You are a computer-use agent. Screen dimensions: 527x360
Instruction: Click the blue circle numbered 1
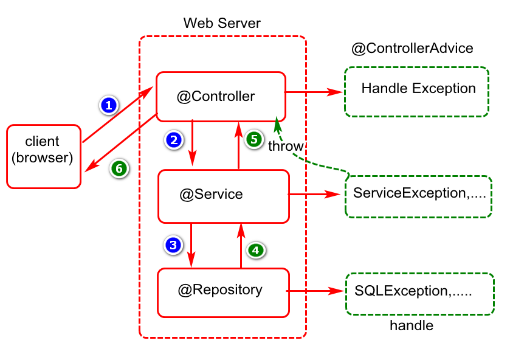(109, 105)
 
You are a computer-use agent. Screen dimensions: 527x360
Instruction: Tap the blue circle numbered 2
(174, 140)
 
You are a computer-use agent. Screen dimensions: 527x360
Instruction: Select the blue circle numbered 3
(173, 245)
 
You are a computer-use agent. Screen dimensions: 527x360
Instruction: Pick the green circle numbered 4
(256, 250)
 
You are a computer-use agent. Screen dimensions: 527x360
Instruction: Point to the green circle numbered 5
(254, 139)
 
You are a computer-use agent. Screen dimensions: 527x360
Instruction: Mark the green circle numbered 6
(119, 168)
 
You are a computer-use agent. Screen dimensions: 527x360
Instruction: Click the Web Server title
(222, 23)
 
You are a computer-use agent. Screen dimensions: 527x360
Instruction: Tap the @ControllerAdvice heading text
(412, 49)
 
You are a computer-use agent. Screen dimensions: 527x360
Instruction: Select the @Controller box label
(216, 97)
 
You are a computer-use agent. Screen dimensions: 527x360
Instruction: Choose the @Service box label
(211, 194)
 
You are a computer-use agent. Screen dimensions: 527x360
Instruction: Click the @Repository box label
(220, 289)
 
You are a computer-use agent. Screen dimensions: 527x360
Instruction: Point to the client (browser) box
(44, 157)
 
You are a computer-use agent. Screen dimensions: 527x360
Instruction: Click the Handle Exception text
(418, 88)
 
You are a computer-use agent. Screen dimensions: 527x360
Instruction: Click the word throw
(286, 146)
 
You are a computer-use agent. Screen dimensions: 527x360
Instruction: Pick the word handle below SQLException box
(412, 325)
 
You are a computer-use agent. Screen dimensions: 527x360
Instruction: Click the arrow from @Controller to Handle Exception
(314, 92)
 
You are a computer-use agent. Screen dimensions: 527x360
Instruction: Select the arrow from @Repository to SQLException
(315, 291)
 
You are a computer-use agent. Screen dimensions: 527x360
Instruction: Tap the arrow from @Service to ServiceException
(314, 194)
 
